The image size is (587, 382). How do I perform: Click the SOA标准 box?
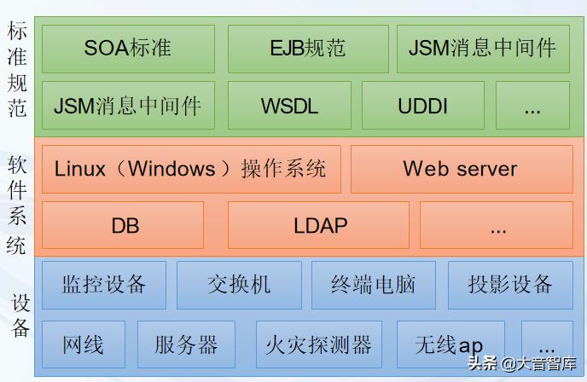(x=128, y=48)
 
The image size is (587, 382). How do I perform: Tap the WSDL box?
(x=290, y=106)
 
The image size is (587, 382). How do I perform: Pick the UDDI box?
(x=422, y=106)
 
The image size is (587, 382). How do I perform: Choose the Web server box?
(x=461, y=169)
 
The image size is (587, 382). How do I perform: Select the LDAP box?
(x=320, y=225)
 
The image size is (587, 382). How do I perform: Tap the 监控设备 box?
(x=104, y=285)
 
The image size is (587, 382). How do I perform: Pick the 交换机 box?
(x=239, y=285)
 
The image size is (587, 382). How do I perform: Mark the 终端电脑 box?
(x=374, y=285)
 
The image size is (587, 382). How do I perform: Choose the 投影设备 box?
(x=510, y=285)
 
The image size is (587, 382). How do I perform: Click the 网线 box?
(x=83, y=344)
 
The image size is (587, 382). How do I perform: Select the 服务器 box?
(x=186, y=344)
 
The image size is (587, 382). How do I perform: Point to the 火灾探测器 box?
(x=319, y=344)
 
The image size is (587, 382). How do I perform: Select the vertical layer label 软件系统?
(x=16, y=205)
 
